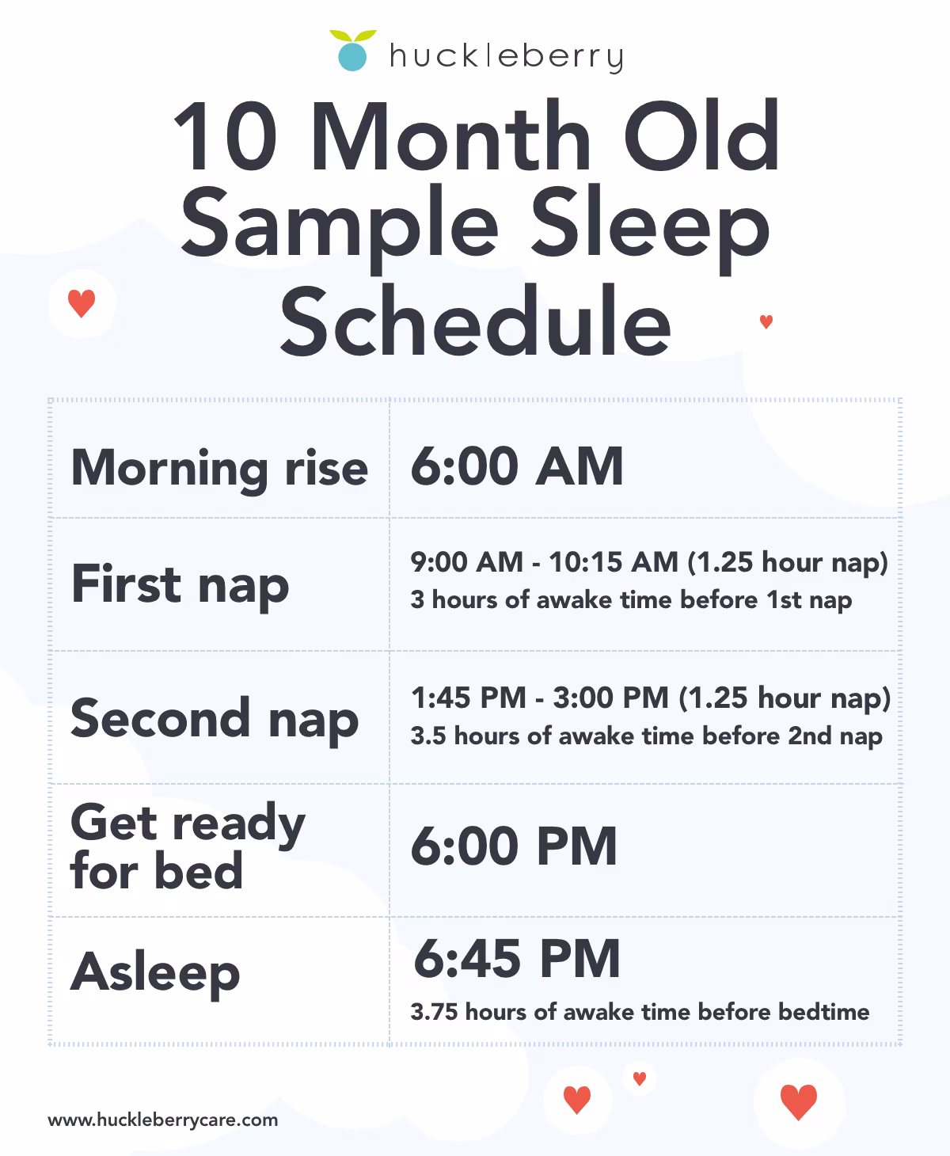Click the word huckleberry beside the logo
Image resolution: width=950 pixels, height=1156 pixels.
(506, 57)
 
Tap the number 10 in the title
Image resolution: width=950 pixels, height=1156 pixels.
(225, 136)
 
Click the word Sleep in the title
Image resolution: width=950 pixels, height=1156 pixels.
(649, 227)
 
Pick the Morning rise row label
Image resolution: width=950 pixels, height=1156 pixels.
(219, 468)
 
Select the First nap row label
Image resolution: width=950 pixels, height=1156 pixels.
(180, 585)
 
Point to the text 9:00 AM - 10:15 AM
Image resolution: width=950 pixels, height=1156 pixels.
(544, 562)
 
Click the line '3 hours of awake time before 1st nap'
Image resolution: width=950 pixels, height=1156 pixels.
(631, 600)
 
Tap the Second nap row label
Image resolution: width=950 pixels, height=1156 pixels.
(215, 719)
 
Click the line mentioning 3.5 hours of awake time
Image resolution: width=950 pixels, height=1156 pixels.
(646, 736)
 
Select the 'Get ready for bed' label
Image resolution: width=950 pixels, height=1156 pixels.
(188, 846)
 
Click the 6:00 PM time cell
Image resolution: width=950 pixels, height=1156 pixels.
(513, 846)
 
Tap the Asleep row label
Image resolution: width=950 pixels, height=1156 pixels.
(155, 972)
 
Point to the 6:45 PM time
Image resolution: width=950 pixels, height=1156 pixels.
(516, 959)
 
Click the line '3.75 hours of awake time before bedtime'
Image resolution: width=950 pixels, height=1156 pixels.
(640, 1012)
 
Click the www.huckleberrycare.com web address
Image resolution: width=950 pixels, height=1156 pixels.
(163, 1120)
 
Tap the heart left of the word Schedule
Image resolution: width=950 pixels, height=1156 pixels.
(82, 303)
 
